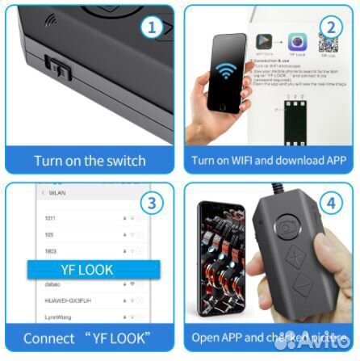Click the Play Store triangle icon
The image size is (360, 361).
(263, 41)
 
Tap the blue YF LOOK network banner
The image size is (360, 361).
(87, 270)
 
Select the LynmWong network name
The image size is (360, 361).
(59, 317)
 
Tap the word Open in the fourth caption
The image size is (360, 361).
(205, 338)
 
